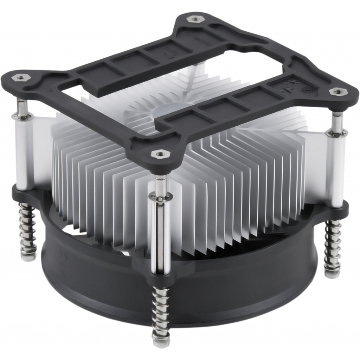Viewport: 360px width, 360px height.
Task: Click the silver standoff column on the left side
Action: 25,151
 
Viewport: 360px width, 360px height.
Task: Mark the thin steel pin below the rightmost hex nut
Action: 337,121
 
